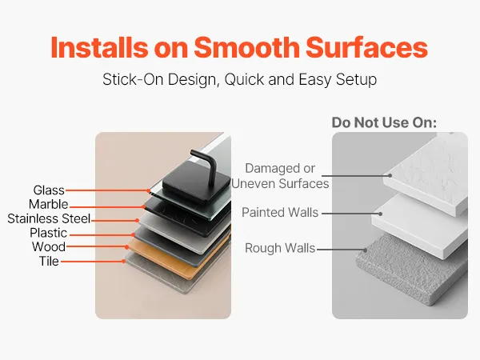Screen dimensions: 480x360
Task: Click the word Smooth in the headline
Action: click(246, 47)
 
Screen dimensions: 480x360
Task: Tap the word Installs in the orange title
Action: click(99, 47)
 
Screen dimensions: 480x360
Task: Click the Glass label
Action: click(49, 190)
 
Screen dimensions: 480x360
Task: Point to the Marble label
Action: click(48, 204)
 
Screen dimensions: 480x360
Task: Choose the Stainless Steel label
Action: click(49, 218)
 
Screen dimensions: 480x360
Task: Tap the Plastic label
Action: click(48, 233)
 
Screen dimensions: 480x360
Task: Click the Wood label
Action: click(49, 246)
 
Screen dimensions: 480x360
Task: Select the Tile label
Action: click(49, 261)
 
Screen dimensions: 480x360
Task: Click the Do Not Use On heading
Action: click(384, 122)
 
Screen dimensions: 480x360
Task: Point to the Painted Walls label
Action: click(280, 212)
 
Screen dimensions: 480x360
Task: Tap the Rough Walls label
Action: click(280, 248)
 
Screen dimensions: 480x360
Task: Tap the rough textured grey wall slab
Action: click(410, 270)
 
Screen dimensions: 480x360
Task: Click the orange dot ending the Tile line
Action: click(124, 261)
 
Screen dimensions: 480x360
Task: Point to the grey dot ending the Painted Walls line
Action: click(380, 214)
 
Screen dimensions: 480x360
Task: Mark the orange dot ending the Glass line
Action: click(149, 190)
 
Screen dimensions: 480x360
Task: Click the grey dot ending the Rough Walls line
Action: click(366, 250)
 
